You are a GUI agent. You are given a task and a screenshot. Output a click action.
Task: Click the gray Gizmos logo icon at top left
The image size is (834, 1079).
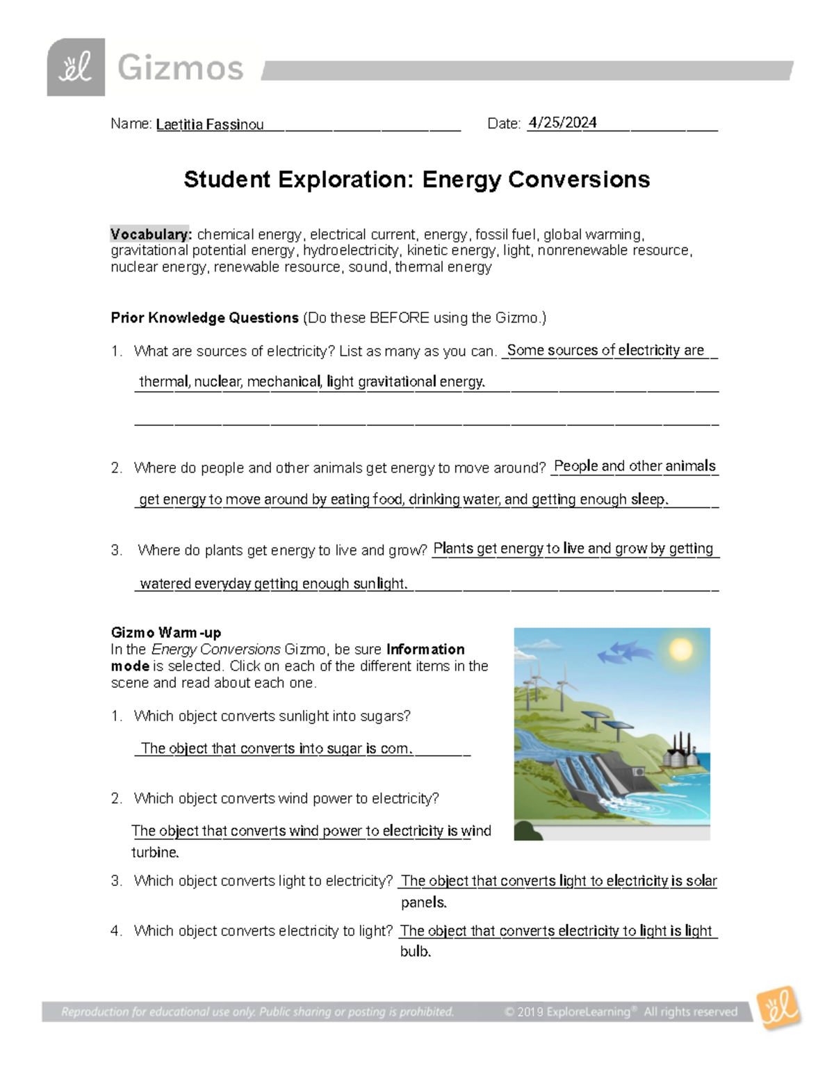pyautogui.click(x=76, y=67)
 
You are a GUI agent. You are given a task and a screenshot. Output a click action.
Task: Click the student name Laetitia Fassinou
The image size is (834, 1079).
pyautogui.click(x=209, y=125)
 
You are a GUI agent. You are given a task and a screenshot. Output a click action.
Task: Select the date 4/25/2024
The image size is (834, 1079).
pyautogui.click(x=562, y=123)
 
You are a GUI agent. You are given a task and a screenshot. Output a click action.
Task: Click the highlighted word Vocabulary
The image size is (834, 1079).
pyautogui.click(x=150, y=234)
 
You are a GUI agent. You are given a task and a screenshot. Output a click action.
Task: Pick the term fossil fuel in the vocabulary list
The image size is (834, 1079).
pyautogui.click(x=505, y=234)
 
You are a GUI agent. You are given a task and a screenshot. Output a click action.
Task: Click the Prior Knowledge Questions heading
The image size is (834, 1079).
pyautogui.click(x=204, y=318)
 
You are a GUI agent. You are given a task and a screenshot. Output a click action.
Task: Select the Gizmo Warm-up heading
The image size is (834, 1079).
pyautogui.click(x=165, y=632)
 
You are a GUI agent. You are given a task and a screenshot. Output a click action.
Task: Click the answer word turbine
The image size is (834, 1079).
pyautogui.click(x=155, y=853)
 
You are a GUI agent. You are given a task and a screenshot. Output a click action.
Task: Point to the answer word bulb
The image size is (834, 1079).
pyautogui.click(x=416, y=952)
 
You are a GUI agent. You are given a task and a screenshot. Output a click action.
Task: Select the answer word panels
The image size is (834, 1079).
pyautogui.click(x=423, y=903)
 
